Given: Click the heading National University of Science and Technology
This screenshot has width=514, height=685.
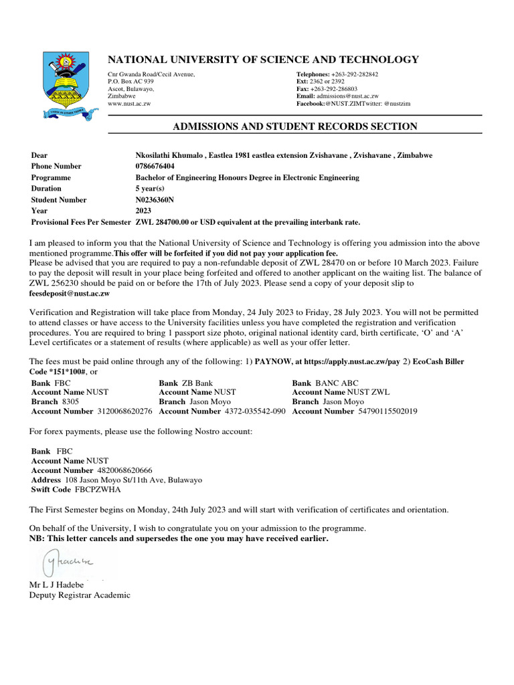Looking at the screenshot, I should pyautogui.click(x=263, y=60).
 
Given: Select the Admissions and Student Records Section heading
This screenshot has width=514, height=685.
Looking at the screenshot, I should pyautogui.click(x=295, y=126).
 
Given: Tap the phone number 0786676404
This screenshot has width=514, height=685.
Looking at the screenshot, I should pyautogui.click(x=155, y=167).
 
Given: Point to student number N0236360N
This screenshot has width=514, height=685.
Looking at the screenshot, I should pyautogui.click(x=155, y=200).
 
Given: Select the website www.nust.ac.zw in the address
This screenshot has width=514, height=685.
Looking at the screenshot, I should pyautogui.click(x=129, y=104).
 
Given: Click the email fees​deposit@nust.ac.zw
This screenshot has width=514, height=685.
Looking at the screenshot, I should pyautogui.click(x=69, y=293).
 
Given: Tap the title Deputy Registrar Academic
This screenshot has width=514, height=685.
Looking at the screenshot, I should pyautogui.click(x=80, y=595).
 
